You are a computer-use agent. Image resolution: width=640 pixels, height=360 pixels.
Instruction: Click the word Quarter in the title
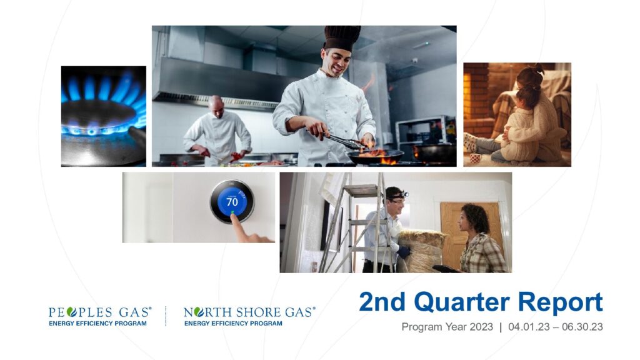click(462, 302)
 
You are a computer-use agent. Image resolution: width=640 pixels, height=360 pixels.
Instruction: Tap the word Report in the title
click(561, 302)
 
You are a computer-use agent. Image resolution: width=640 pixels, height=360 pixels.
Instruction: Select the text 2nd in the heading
click(382, 302)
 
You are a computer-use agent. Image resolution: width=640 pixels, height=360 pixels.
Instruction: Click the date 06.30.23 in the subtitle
click(582, 327)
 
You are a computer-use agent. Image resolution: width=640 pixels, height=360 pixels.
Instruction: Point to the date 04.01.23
click(529, 327)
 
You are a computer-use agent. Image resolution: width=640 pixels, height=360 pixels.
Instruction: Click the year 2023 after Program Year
click(481, 327)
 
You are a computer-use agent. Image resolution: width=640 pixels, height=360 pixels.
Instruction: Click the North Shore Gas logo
click(249, 316)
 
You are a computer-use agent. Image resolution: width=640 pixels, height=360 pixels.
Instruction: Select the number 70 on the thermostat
click(232, 202)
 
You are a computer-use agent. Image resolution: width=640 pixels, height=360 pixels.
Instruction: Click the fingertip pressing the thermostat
click(232, 215)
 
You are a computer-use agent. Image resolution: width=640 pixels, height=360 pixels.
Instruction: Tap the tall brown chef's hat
click(342, 38)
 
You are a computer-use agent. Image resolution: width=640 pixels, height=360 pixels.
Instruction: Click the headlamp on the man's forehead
click(404, 194)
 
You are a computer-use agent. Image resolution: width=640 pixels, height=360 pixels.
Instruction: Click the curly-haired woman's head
click(474, 218)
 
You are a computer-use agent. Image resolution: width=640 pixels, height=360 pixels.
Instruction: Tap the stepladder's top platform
click(362, 191)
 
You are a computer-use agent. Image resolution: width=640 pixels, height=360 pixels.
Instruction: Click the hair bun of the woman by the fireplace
click(538, 69)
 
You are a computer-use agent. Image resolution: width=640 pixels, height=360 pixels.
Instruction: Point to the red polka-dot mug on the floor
click(476, 158)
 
